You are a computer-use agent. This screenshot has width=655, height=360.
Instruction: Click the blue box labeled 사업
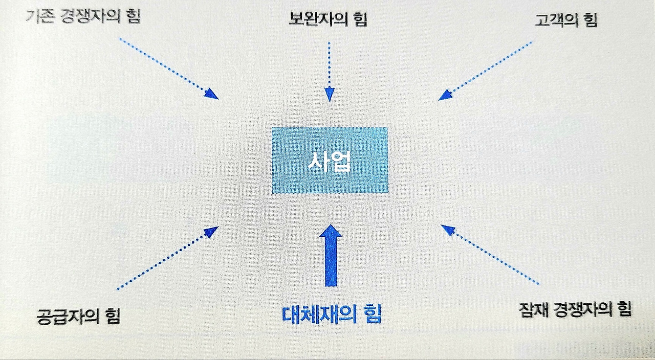(x=330, y=160)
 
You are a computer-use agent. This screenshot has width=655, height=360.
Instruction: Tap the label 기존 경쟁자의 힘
(x=82, y=17)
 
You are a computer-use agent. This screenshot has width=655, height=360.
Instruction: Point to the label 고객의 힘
(x=565, y=20)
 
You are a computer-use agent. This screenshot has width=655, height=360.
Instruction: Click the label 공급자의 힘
(x=78, y=315)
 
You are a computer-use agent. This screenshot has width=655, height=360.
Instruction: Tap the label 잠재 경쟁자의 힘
(x=575, y=309)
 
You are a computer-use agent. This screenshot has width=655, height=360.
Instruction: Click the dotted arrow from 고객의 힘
(x=486, y=71)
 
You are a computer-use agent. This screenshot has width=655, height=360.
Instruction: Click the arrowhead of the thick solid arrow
(x=331, y=233)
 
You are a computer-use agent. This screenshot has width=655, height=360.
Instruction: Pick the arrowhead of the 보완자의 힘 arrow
(x=330, y=94)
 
